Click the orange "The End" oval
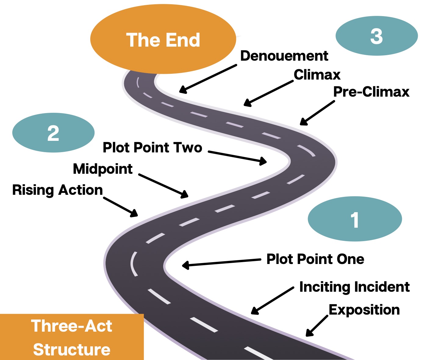[x=163, y=40]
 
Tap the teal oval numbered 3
[x=377, y=36]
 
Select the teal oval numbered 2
[x=53, y=133]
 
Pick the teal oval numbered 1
[x=355, y=219]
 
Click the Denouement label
[x=284, y=56]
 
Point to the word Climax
[x=317, y=75]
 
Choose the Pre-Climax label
[x=371, y=92]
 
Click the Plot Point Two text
[x=152, y=148]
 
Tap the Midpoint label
[x=103, y=169]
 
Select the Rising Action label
[x=57, y=190]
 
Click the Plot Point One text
[x=315, y=259]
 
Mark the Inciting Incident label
[x=354, y=287]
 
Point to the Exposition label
[x=364, y=310]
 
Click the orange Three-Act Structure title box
[x=72, y=337]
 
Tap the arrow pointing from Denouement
[x=208, y=78]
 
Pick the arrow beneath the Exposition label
[x=317, y=326]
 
